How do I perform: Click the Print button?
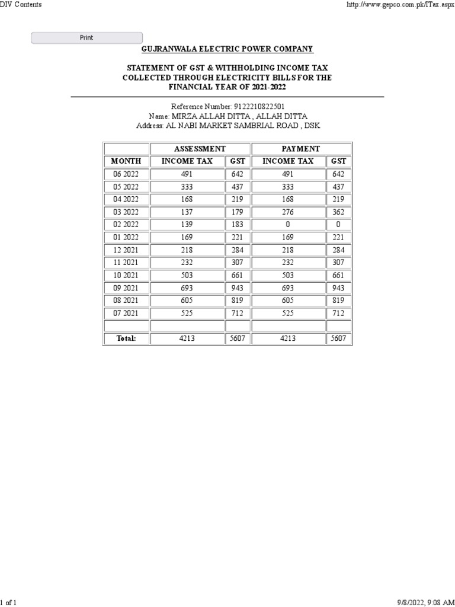pyautogui.click(x=86, y=38)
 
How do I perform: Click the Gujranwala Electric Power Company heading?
pyautogui.click(x=227, y=49)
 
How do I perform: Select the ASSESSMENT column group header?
pyautogui.click(x=200, y=149)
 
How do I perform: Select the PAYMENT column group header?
pyautogui.click(x=302, y=149)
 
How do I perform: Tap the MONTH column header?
pyautogui.click(x=126, y=161)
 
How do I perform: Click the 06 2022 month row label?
pyautogui.click(x=126, y=174)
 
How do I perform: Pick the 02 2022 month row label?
pyautogui.click(x=126, y=225)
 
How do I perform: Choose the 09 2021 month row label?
pyautogui.click(x=126, y=288)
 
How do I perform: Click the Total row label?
pyautogui.click(x=126, y=338)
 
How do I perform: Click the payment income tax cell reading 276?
pyautogui.click(x=288, y=212)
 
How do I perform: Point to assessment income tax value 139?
pyautogui.click(x=187, y=225)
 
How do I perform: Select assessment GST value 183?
pyautogui.click(x=238, y=225)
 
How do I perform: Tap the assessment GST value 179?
pyautogui.click(x=238, y=212)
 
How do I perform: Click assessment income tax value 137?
pyautogui.click(x=187, y=212)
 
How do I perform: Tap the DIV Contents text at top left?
pyautogui.click(x=21, y=5)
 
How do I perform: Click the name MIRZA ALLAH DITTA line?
pyautogui.click(x=227, y=116)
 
